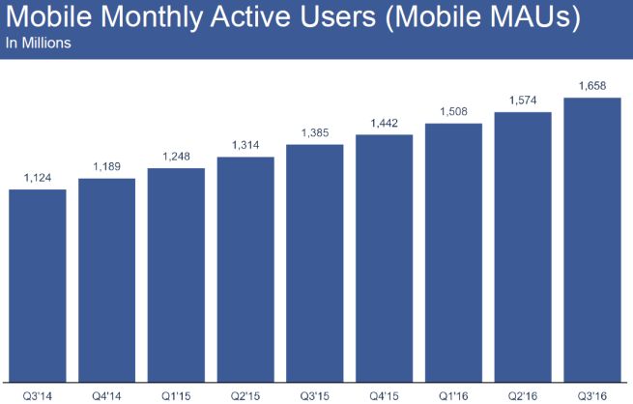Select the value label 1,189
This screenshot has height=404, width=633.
107,166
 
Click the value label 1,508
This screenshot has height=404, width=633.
453,110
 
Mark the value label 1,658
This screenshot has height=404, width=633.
591,86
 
